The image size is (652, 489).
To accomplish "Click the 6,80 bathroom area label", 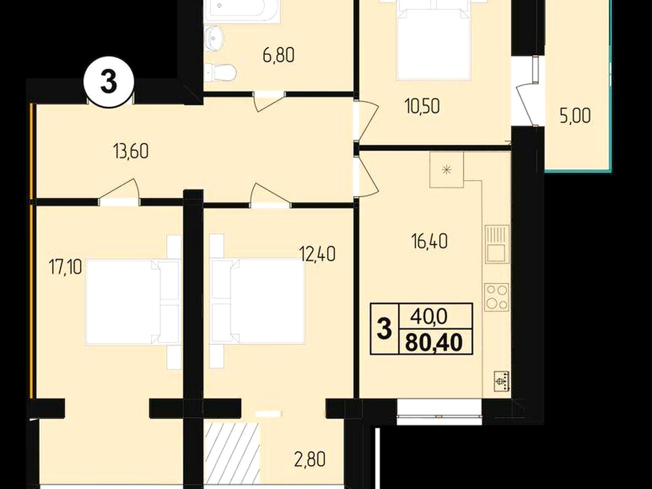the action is [279, 56].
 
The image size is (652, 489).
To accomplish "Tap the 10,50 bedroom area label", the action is [422, 106].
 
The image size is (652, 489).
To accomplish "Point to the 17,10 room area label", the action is [65, 267].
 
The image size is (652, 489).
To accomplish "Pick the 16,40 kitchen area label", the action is [429, 241].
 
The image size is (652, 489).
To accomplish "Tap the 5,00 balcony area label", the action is [575, 116].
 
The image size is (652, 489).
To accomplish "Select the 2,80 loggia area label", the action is [310, 459].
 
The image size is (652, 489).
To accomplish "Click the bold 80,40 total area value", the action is [434, 342].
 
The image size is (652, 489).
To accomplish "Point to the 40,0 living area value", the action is [428, 318].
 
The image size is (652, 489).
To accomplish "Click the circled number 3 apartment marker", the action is [108, 81].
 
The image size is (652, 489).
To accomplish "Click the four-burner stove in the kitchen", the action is [497, 297].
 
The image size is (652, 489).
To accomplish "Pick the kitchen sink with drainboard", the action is [497, 244].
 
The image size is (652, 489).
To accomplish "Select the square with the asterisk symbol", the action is [446, 170].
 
